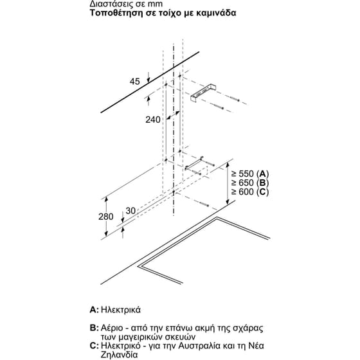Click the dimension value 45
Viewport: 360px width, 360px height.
tap(134, 81)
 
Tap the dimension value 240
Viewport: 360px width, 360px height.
tap(152, 120)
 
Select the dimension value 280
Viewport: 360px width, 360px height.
tap(107, 217)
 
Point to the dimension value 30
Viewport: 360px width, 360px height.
tap(131, 211)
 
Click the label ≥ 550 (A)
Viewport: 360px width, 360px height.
tap(249, 174)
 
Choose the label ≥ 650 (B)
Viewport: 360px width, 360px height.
tap(249, 183)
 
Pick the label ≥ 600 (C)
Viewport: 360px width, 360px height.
tap(249, 192)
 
